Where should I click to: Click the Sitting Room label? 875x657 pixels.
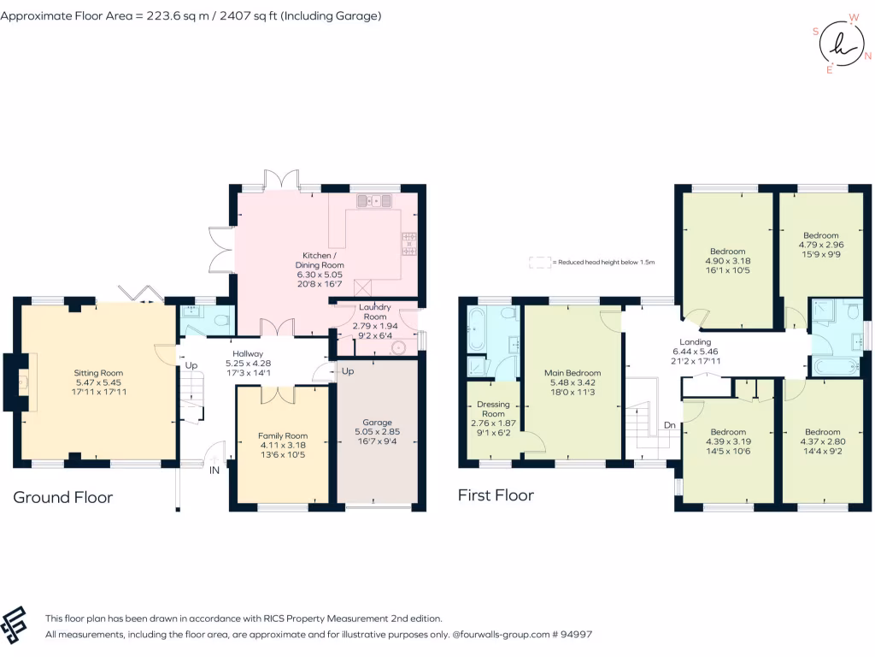tap(98, 373)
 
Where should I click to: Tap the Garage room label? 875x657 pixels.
tap(377, 423)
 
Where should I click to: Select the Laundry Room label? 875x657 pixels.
tap(375, 311)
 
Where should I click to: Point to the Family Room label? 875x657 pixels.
tap(283, 435)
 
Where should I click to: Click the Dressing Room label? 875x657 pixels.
tap(493, 409)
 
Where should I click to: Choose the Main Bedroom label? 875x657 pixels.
tap(573, 373)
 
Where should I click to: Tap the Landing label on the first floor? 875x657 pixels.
tap(696, 342)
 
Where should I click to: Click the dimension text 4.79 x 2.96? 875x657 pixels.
tap(821, 245)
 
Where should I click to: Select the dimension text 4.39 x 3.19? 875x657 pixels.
tap(728, 441)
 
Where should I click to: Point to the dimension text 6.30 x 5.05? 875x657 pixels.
tap(320, 275)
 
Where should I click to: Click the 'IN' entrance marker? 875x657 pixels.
tap(214, 471)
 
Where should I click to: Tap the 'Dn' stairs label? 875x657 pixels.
tap(670, 425)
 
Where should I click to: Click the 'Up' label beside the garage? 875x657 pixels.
tap(348, 371)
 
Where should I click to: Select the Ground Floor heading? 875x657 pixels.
tap(62, 497)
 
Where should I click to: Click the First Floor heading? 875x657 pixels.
tap(496, 495)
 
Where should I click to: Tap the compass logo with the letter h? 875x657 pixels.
tap(842, 44)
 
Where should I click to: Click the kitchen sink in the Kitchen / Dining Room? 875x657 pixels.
tap(374, 200)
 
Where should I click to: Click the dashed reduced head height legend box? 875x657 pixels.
tap(540, 262)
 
